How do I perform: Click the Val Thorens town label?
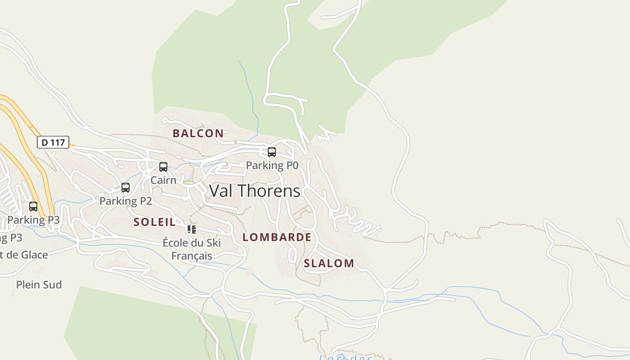(x=255, y=191)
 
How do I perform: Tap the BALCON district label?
(x=198, y=133)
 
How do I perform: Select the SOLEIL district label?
(x=154, y=222)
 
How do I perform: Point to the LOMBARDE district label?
(x=277, y=237)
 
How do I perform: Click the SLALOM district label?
(x=329, y=263)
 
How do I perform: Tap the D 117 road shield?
(x=53, y=143)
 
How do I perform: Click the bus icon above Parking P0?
(x=272, y=152)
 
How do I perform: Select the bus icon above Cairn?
(x=163, y=167)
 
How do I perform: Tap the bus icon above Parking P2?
(x=126, y=188)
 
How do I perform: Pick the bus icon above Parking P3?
(x=33, y=207)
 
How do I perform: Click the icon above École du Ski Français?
(x=192, y=229)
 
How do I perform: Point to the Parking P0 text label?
(x=272, y=166)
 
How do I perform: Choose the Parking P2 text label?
(x=126, y=201)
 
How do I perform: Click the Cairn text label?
(x=163, y=180)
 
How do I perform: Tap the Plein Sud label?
(x=39, y=285)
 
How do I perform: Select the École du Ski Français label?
(x=192, y=249)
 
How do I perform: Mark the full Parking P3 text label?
(x=33, y=220)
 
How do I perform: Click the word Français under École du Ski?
(x=192, y=256)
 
